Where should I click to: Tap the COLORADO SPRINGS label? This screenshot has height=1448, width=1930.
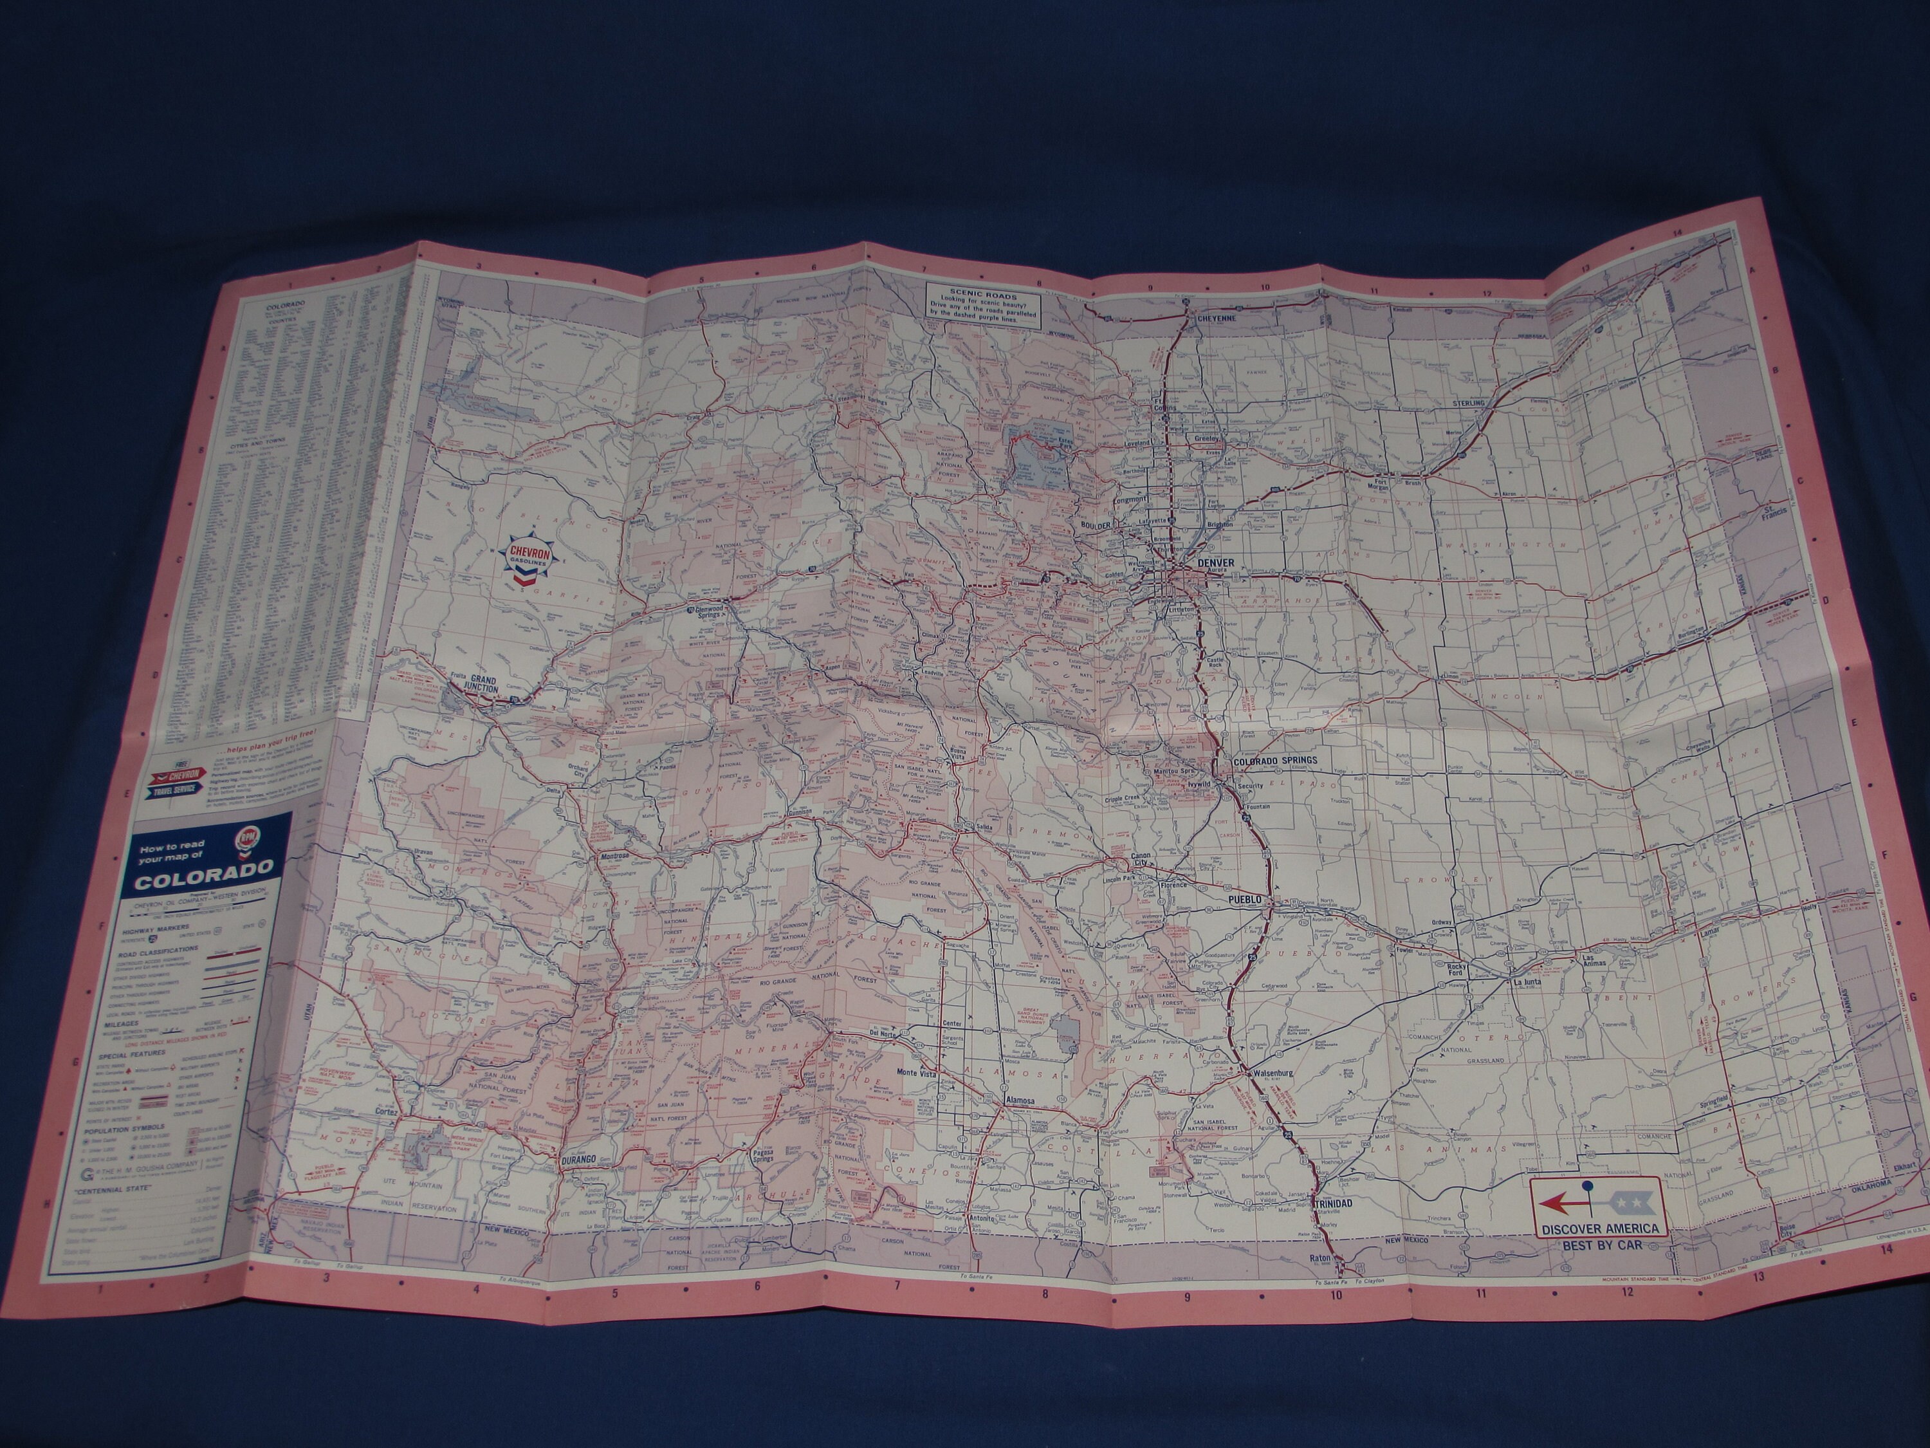coord(1274,760)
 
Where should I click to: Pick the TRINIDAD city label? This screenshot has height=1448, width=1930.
coord(1332,1203)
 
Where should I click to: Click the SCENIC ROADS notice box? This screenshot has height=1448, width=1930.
coord(985,304)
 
